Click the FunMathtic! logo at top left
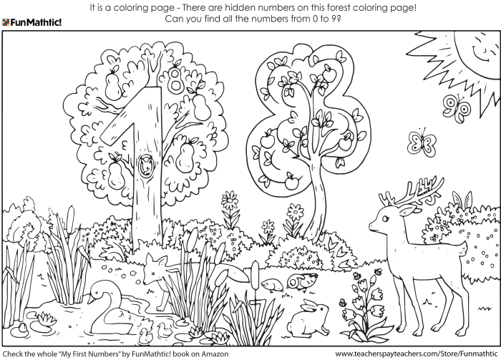click(x=31, y=22)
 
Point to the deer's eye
click(x=389, y=206)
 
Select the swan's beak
click(x=92, y=291)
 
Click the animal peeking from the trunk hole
click(x=146, y=166)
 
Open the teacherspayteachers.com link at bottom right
click(x=416, y=354)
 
